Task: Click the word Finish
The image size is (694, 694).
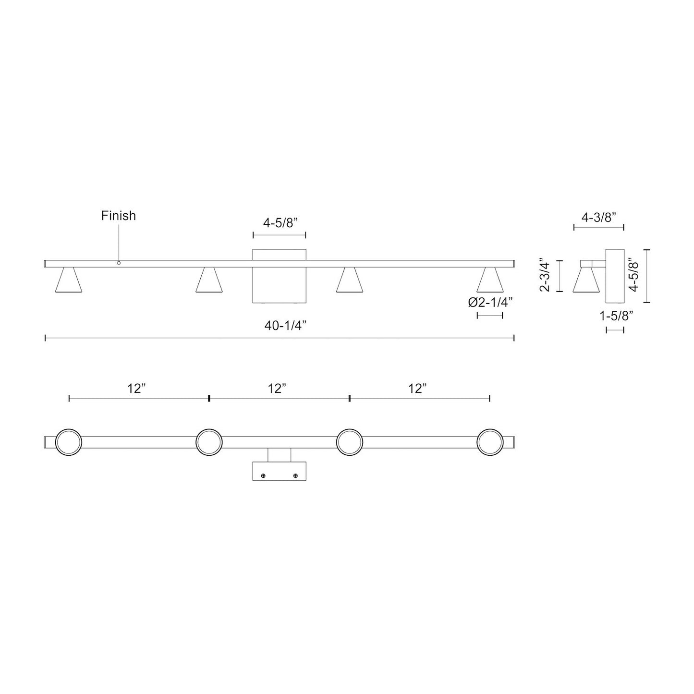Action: point(118,216)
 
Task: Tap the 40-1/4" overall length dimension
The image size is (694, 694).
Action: point(285,326)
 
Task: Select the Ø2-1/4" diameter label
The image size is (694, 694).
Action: point(490,303)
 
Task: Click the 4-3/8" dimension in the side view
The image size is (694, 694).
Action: point(598,218)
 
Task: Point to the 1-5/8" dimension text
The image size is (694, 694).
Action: point(616,316)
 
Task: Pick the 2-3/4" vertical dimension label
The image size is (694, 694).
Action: point(545,276)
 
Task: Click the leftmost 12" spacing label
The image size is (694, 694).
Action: point(137,389)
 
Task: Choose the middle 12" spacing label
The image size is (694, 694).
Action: point(278,389)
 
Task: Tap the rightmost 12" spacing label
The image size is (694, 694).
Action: point(418,389)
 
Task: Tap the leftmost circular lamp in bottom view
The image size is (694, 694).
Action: point(69,442)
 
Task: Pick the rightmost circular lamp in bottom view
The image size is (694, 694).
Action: point(490,442)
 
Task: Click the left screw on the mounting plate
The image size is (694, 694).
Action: point(263,475)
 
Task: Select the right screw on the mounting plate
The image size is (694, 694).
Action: point(295,475)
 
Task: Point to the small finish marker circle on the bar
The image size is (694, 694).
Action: point(119,263)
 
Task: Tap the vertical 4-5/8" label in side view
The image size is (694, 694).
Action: point(634,276)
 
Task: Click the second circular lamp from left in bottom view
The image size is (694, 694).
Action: point(209,442)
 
